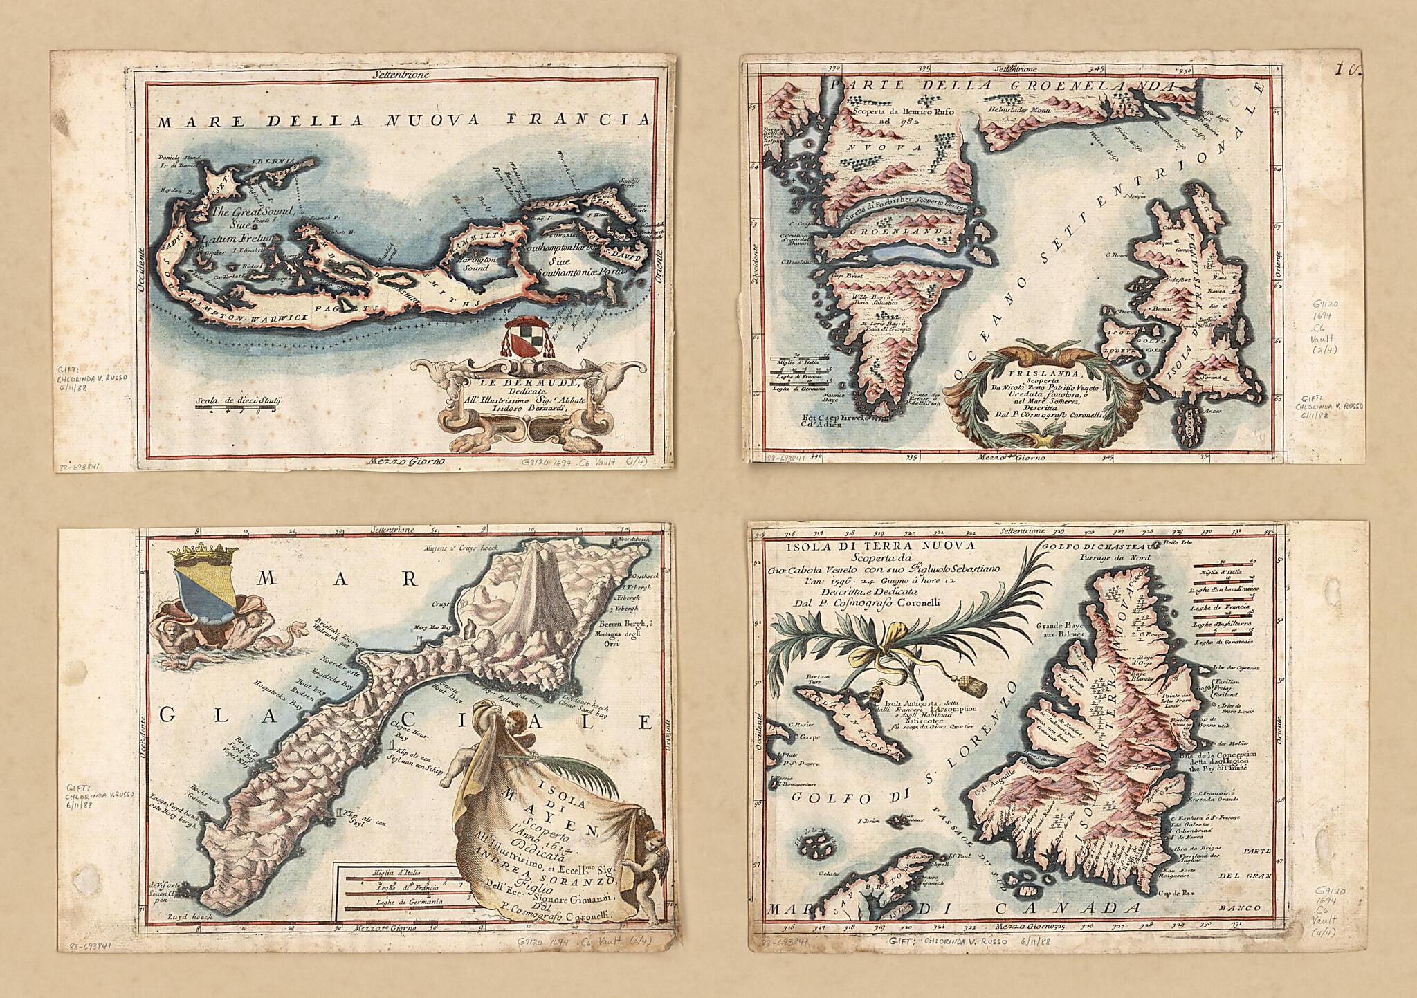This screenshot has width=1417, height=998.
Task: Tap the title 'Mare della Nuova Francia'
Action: (404, 122)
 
